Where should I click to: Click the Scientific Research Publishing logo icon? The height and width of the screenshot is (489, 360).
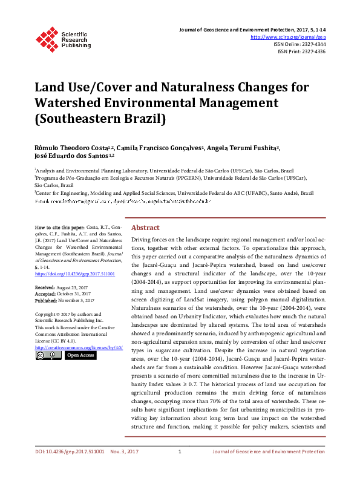click(x=47, y=38)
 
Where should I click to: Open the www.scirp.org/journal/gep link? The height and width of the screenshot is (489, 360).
click(x=292, y=37)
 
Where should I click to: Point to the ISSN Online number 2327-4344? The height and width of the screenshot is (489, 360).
click(x=312, y=44)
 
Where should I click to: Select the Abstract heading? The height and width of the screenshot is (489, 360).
click(x=145, y=228)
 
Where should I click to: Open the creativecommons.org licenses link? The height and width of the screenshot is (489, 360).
click(x=79, y=347)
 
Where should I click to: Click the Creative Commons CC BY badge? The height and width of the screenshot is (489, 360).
click(x=48, y=356)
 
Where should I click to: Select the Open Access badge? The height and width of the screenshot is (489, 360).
click(x=80, y=356)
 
